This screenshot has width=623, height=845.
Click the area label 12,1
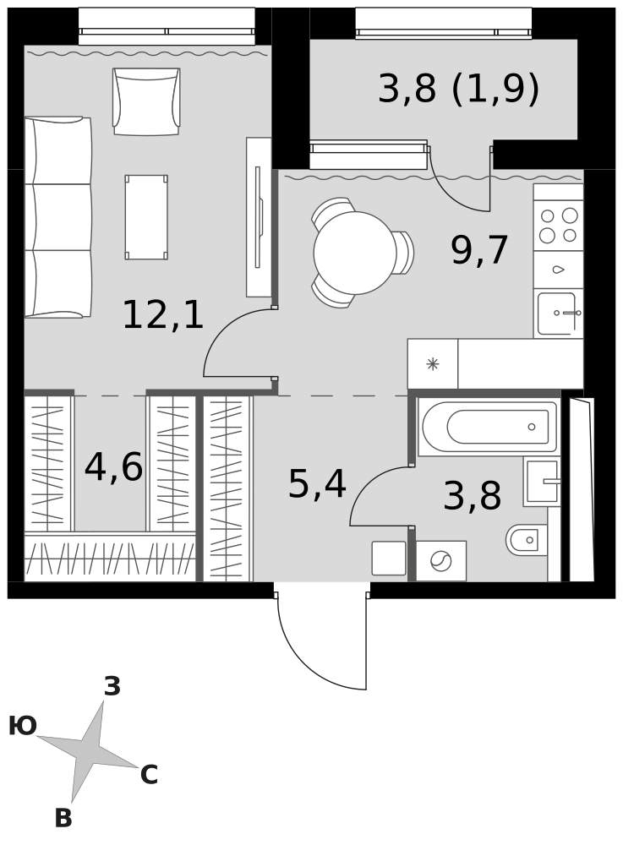click(163, 315)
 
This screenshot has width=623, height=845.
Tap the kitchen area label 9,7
click(479, 250)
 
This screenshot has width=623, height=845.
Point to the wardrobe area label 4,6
click(113, 467)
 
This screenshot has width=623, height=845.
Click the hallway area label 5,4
click(317, 484)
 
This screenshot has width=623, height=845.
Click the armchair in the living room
click(146, 101)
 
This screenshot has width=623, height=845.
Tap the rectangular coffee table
click(146, 216)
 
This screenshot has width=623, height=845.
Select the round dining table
click(355, 252)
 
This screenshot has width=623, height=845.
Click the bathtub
click(487, 426)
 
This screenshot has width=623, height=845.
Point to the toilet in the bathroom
click(527, 539)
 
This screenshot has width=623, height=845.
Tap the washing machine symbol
click(441, 560)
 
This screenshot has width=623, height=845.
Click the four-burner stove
click(558, 226)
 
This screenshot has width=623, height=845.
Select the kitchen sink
click(558, 313)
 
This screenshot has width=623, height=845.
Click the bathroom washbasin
click(542, 482)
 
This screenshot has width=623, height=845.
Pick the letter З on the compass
click(112, 686)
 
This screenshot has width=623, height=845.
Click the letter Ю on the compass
click(23, 726)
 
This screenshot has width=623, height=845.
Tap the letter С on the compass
click(149, 775)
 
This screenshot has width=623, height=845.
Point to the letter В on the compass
click(63, 818)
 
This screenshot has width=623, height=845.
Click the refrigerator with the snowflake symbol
click(432, 363)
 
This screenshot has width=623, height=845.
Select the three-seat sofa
click(57, 217)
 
